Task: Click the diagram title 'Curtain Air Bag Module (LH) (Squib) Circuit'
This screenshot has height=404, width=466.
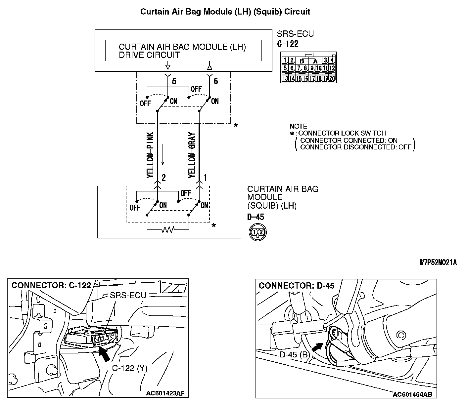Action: click(225, 12)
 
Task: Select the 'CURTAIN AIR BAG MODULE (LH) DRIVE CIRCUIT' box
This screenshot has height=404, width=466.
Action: click(183, 51)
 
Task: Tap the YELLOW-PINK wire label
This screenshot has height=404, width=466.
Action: click(150, 156)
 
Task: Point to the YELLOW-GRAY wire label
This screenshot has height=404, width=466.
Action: click(192, 155)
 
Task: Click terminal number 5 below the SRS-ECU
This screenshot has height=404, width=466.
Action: click(174, 81)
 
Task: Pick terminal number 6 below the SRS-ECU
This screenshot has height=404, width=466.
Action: click(216, 81)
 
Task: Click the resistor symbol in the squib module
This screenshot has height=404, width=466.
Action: click(168, 229)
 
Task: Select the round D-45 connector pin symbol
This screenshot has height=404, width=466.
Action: click(257, 232)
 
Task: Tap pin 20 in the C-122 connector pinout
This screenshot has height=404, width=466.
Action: click(332, 79)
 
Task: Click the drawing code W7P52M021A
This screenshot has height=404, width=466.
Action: click(438, 263)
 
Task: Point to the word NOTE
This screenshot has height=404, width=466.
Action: click(298, 126)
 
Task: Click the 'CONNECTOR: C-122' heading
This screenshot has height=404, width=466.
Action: click(51, 285)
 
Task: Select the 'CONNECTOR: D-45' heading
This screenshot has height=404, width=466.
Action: click(297, 285)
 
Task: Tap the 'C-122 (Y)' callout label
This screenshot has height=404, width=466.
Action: click(130, 368)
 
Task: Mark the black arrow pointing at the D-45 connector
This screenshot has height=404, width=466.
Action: click(317, 347)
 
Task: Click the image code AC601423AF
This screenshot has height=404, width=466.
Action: click(165, 393)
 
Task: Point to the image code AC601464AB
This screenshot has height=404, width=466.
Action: click(412, 394)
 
